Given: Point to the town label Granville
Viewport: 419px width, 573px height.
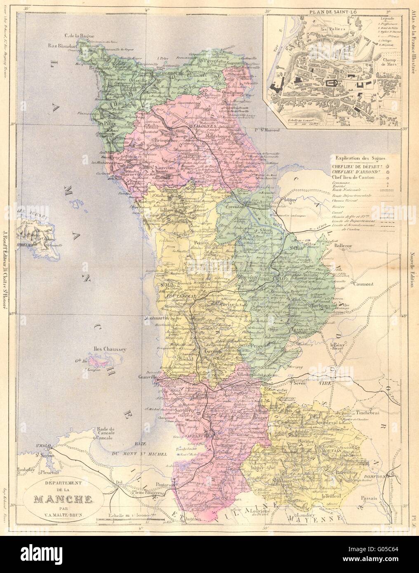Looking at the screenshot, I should pos(147,377).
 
